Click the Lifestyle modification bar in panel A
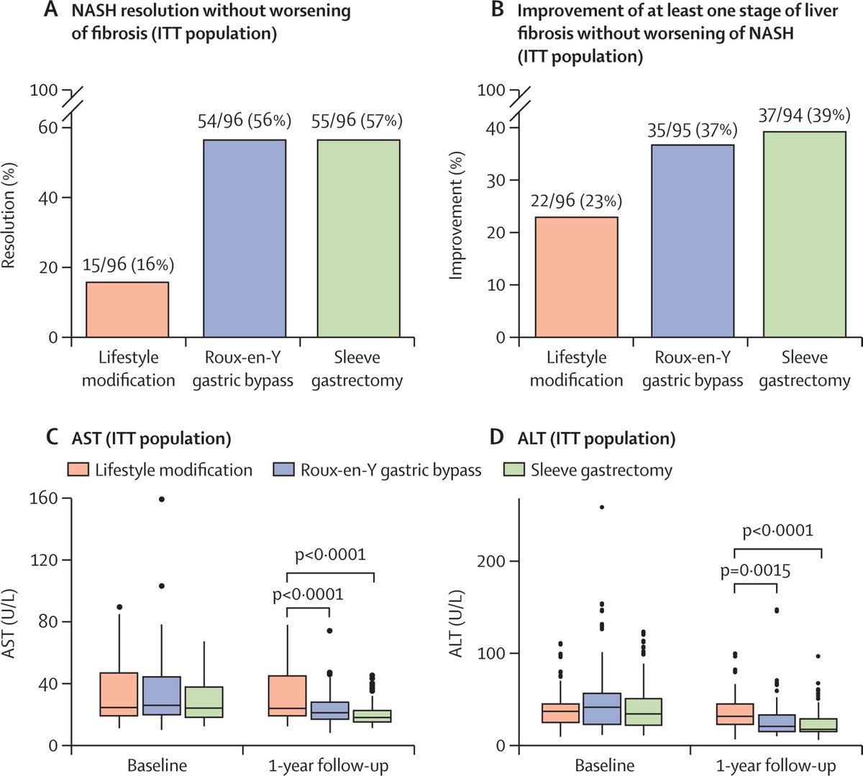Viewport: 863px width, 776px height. (127, 309)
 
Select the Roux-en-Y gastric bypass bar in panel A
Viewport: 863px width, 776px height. (245, 238)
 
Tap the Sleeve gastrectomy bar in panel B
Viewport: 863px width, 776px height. (804, 234)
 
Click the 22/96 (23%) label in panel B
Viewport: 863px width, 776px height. (576, 201)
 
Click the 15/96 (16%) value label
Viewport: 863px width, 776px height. (127, 265)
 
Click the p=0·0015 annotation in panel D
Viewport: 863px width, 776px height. (755, 572)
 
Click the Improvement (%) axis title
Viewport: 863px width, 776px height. (456, 216)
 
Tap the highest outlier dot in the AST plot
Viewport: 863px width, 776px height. (161, 499)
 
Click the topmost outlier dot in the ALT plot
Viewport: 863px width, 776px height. (601, 507)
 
